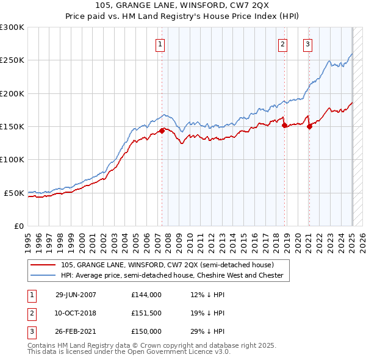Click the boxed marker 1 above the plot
point(160,44)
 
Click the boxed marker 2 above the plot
point(283,44)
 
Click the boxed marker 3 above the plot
point(307,44)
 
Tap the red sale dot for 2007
point(162,130)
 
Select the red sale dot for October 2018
point(285,125)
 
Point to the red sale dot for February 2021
point(309,126)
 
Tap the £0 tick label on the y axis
point(18,226)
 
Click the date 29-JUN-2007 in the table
point(76,294)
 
